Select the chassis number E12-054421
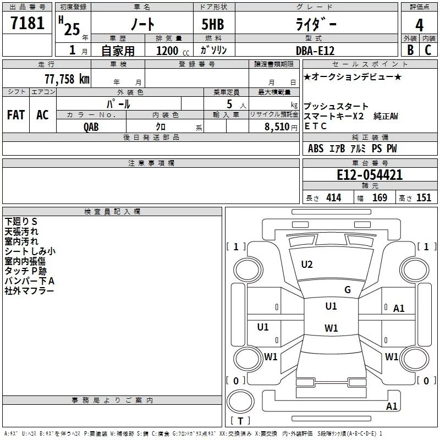pyautogui.click(x=370, y=175)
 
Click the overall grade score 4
pyautogui.click(x=420, y=26)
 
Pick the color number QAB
pyautogui.click(x=92, y=127)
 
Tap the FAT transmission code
pyautogui.click(x=16, y=115)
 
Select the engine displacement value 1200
pyautogui.click(x=167, y=51)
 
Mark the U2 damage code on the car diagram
pyautogui.click(x=307, y=265)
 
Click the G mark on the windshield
pyautogui.click(x=348, y=290)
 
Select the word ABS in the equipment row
pyautogui.click(x=316, y=148)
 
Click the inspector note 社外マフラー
pyautogui.click(x=29, y=291)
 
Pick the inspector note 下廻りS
pyautogui.click(x=21, y=221)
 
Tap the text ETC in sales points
pyautogui.click(x=315, y=126)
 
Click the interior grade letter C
pyautogui.click(x=428, y=50)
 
